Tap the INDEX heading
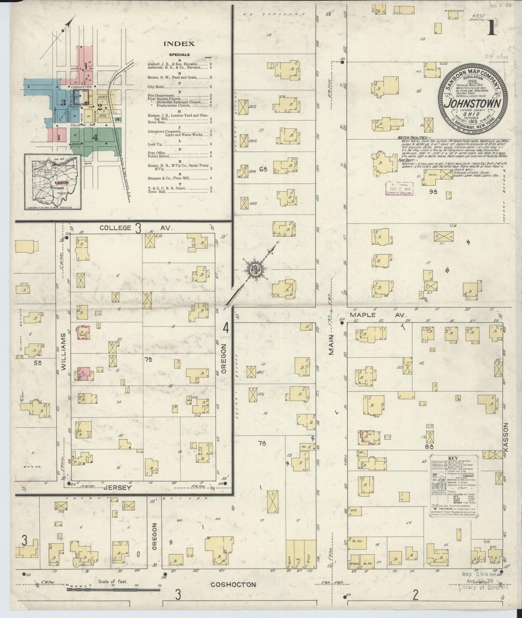click(179, 44)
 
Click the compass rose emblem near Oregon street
click(255, 269)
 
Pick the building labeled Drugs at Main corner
click(309, 557)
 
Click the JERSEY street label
click(117, 488)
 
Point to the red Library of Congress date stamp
click(400, 188)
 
